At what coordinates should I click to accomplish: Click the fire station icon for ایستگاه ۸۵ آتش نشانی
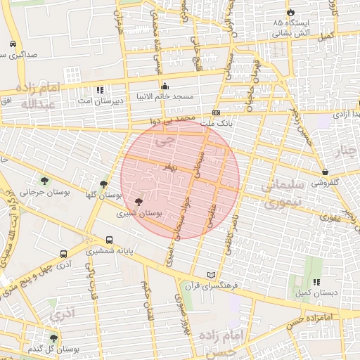[290, 13]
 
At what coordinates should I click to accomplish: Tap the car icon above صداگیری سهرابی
[13, 44]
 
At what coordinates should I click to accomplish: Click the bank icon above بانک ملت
[216, 112]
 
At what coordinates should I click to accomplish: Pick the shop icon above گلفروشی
[325, 172]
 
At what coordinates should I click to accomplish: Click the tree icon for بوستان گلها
[104, 184]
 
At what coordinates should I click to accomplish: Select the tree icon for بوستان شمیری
[147, 201]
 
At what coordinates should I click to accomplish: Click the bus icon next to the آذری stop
[64, 254]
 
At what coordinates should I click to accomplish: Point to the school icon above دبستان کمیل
[316, 282]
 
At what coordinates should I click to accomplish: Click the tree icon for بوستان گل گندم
[53, 338]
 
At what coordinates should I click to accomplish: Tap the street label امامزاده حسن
[310, 321]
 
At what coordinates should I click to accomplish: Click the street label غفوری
[330, 217]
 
